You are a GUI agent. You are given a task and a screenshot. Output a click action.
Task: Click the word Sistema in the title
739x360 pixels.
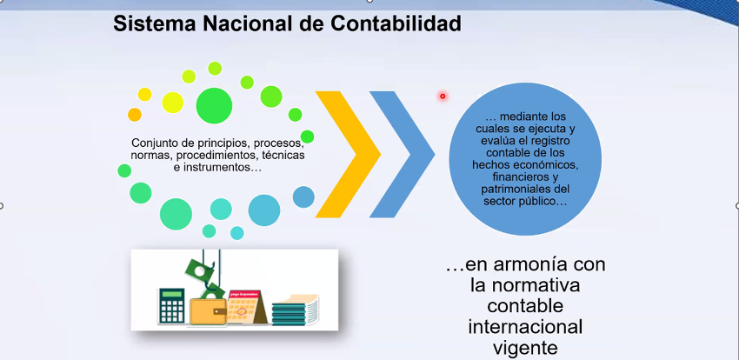149,23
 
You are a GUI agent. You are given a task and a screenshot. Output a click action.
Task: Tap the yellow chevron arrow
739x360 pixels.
348,155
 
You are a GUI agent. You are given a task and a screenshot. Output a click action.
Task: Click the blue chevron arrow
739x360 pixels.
402,155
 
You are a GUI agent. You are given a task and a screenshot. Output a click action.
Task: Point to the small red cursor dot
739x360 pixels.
443,97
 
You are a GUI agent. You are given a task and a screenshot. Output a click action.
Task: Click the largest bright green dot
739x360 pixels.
214,105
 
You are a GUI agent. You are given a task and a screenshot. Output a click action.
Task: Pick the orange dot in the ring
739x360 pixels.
134,115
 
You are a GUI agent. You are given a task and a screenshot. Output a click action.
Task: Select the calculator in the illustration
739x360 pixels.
171,306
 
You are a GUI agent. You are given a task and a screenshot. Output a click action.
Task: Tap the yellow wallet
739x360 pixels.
209,311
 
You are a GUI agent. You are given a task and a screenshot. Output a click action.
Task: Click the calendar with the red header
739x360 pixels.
246,307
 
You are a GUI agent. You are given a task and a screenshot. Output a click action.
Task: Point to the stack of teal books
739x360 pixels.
295,310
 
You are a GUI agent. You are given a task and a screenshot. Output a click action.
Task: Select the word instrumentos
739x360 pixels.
218,167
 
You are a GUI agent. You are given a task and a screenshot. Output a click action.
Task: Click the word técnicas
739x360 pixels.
284,155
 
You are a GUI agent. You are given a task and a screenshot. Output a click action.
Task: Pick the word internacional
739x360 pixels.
525,327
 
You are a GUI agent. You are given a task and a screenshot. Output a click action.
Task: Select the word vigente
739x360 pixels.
525,349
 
